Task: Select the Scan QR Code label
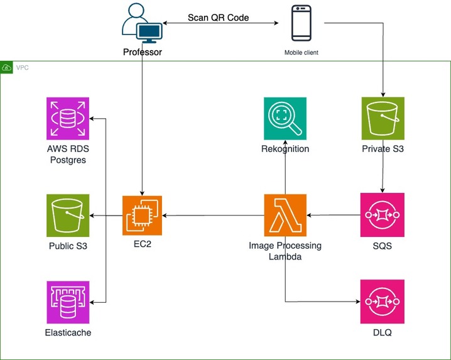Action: [x=218, y=18]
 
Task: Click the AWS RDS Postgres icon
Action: [x=68, y=118]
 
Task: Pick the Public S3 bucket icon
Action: [x=68, y=215]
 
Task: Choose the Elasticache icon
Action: [x=68, y=302]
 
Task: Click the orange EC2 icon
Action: [x=143, y=215]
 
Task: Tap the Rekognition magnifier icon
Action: [x=285, y=118]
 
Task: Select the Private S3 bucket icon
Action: [x=383, y=118]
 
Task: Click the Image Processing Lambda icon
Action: [x=285, y=215]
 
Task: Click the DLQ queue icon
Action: [x=382, y=301]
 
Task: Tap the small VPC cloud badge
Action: [x=7, y=67]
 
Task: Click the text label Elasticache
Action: [x=68, y=332]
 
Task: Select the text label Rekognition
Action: [x=285, y=149]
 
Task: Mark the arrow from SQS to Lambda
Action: [x=334, y=215]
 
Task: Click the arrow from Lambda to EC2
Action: [x=214, y=215]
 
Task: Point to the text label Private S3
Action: [x=383, y=149]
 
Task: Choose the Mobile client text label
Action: [x=302, y=53]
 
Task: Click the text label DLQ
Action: [x=382, y=332]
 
